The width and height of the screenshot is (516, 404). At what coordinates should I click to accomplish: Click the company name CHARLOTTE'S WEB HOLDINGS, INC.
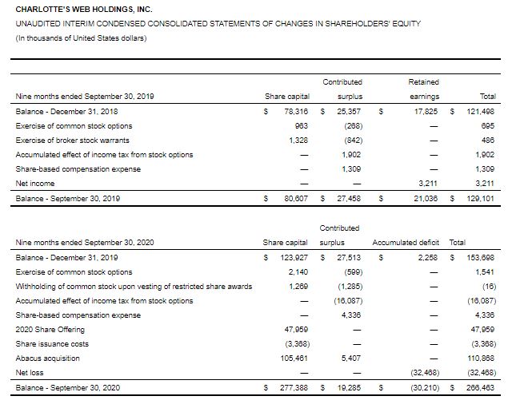pyautogui.click(x=73, y=9)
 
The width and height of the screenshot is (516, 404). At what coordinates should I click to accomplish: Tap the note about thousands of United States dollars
pyautogui.click(x=81, y=39)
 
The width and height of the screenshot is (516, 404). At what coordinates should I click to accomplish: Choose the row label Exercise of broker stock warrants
pyautogui.click(x=74, y=140)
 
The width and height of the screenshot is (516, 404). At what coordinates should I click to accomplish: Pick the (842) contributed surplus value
pyautogui.click(x=349, y=140)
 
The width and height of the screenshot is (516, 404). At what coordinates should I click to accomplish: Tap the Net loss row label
pyautogui.click(x=30, y=372)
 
